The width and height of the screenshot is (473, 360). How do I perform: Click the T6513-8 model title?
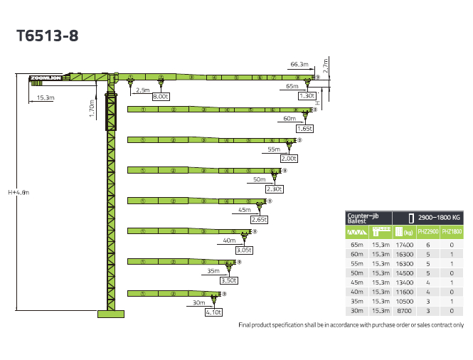pos(46,36)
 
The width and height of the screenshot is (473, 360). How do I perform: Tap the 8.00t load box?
pos(161,96)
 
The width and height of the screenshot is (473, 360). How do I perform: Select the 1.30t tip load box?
pos(307,96)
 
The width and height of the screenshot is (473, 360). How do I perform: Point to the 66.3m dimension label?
pos(299,65)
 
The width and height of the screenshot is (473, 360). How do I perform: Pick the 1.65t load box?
pos(304,129)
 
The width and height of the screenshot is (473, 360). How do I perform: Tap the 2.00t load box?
pos(289,159)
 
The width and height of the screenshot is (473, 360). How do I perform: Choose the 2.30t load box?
pos(274,189)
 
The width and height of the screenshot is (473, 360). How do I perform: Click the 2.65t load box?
pos(259,221)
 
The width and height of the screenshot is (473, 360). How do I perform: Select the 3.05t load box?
pos(244,250)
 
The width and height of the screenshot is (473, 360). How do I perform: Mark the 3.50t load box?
pos(229,282)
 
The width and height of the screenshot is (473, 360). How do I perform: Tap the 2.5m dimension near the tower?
pos(142,90)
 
